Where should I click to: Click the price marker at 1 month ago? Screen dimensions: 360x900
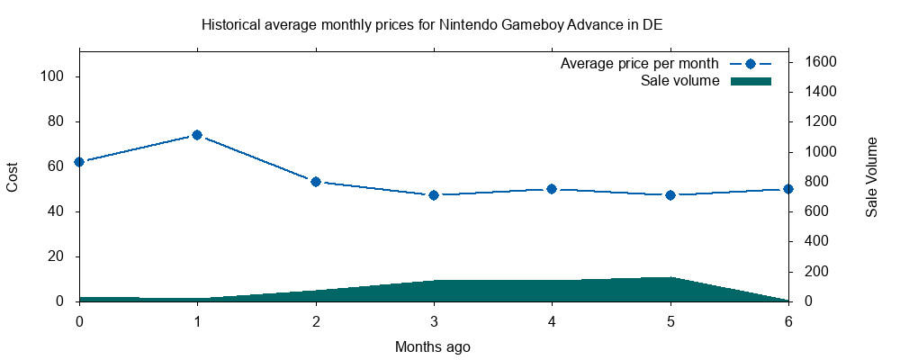click(x=197, y=135)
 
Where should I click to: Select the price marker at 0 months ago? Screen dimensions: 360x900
click(x=79, y=162)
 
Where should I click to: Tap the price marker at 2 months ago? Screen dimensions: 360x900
click(x=316, y=182)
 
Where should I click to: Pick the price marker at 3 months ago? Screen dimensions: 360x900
click(x=434, y=195)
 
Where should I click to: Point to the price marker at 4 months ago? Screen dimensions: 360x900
click(x=552, y=189)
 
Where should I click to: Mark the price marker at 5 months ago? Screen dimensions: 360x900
click(x=670, y=195)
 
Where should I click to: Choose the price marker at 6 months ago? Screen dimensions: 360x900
click(x=788, y=189)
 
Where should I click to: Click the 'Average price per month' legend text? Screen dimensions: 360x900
click(x=639, y=64)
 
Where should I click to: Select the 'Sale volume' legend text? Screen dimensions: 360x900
click(x=679, y=81)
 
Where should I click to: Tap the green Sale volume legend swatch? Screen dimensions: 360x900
click(x=751, y=81)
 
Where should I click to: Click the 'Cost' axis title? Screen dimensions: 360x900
click(x=13, y=176)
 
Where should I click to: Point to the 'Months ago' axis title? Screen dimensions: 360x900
click(x=433, y=346)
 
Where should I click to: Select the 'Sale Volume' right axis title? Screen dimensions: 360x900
click(x=871, y=176)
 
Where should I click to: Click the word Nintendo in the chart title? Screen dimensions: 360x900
click(x=466, y=24)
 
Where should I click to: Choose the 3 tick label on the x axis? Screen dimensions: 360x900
click(x=434, y=320)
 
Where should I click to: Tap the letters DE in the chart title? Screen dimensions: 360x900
click(x=652, y=24)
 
